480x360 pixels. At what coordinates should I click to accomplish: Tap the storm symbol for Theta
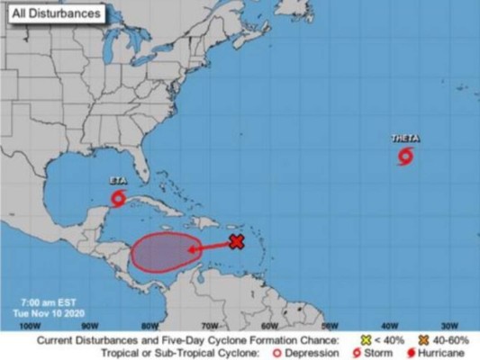tap(405, 158)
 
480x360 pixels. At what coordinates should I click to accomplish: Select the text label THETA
tap(405, 139)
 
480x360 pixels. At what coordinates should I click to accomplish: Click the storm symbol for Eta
tap(118, 198)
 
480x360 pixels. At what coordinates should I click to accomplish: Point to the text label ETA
tap(117, 180)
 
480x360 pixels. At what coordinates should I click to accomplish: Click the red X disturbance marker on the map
tap(237, 241)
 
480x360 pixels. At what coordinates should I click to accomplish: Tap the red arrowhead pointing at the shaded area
tap(192, 249)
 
